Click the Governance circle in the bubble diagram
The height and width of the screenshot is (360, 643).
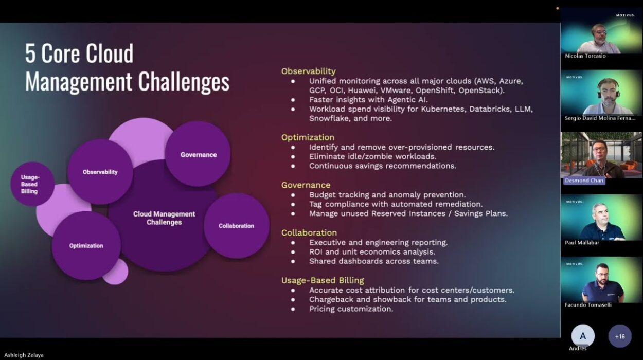(x=198, y=154)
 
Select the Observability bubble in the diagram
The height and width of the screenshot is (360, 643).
(x=100, y=172)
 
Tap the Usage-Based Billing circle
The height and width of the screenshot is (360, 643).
(x=32, y=184)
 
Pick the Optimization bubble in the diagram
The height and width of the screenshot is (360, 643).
(x=86, y=246)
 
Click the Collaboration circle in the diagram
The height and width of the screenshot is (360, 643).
(x=237, y=226)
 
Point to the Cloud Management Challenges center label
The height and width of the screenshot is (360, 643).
(x=164, y=218)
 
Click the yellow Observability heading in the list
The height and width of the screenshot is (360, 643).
(x=308, y=71)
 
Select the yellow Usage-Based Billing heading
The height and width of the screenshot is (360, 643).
(x=323, y=280)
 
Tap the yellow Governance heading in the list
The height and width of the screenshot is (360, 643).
(x=306, y=185)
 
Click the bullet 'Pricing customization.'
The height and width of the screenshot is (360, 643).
(x=351, y=309)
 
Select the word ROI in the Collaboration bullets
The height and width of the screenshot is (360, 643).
(x=316, y=252)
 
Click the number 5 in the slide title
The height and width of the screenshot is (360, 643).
(x=30, y=53)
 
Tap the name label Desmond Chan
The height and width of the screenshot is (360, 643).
(x=584, y=181)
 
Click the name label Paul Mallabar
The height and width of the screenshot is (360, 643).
(x=582, y=243)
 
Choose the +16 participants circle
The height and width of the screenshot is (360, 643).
(x=620, y=336)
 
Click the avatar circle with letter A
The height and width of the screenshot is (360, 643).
(x=583, y=336)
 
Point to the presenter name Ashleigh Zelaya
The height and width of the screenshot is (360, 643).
(x=24, y=355)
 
